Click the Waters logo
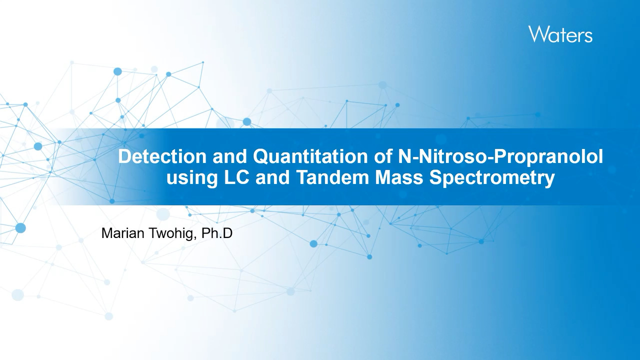click(560, 34)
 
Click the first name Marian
click(123, 233)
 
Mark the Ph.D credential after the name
click(217, 233)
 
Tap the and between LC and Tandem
click(273, 177)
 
